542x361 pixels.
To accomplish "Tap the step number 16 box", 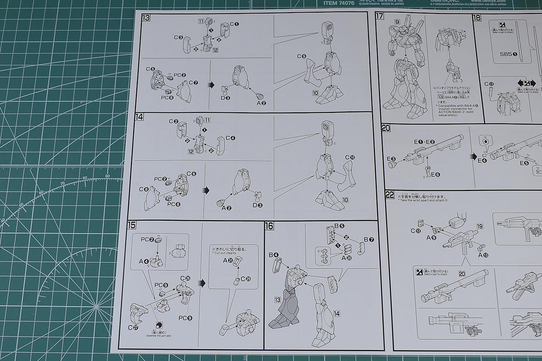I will point(270,226).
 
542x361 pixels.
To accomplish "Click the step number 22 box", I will point(389,195).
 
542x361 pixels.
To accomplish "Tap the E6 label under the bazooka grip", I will point(435,174).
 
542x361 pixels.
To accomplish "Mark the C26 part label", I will point(185,278).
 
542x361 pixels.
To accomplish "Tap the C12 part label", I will point(416,231).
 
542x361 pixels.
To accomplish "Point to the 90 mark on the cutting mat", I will point(107,176).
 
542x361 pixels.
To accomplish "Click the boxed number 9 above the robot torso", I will point(397,22).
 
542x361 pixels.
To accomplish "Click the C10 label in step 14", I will point(350,157).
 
